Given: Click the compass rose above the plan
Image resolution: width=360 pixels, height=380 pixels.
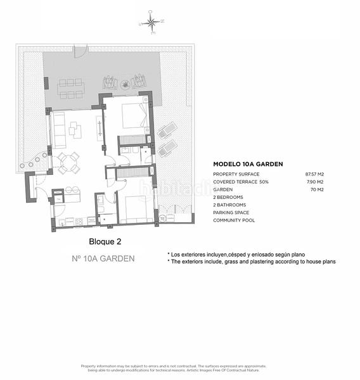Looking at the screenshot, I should (151, 23).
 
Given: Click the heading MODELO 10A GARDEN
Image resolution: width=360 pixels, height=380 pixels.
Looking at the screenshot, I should (248, 164).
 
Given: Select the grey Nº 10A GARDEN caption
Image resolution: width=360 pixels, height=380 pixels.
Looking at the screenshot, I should (103, 258).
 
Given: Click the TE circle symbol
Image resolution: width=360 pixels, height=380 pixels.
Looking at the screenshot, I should (162, 218).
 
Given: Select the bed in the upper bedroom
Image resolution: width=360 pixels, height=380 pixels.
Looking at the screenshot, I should (134, 115).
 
